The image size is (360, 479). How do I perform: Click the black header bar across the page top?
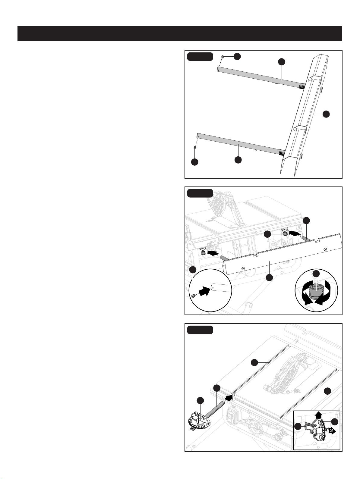(180, 34)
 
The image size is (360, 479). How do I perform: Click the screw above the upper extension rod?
(222, 57)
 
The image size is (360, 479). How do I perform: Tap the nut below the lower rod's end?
(195, 148)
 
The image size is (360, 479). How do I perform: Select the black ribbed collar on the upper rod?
(302, 87)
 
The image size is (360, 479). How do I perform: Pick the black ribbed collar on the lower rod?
(282, 152)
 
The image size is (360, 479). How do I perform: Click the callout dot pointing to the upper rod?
(282, 62)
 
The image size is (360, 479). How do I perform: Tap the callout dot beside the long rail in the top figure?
(326, 114)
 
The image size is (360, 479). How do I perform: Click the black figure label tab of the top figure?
(200, 57)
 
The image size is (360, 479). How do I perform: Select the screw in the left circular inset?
(193, 296)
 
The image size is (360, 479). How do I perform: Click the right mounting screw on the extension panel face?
(325, 249)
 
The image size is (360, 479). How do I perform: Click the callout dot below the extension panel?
(270, 277)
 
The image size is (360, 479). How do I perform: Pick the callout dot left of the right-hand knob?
(267, 234)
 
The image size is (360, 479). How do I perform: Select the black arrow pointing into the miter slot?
(228, 398)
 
